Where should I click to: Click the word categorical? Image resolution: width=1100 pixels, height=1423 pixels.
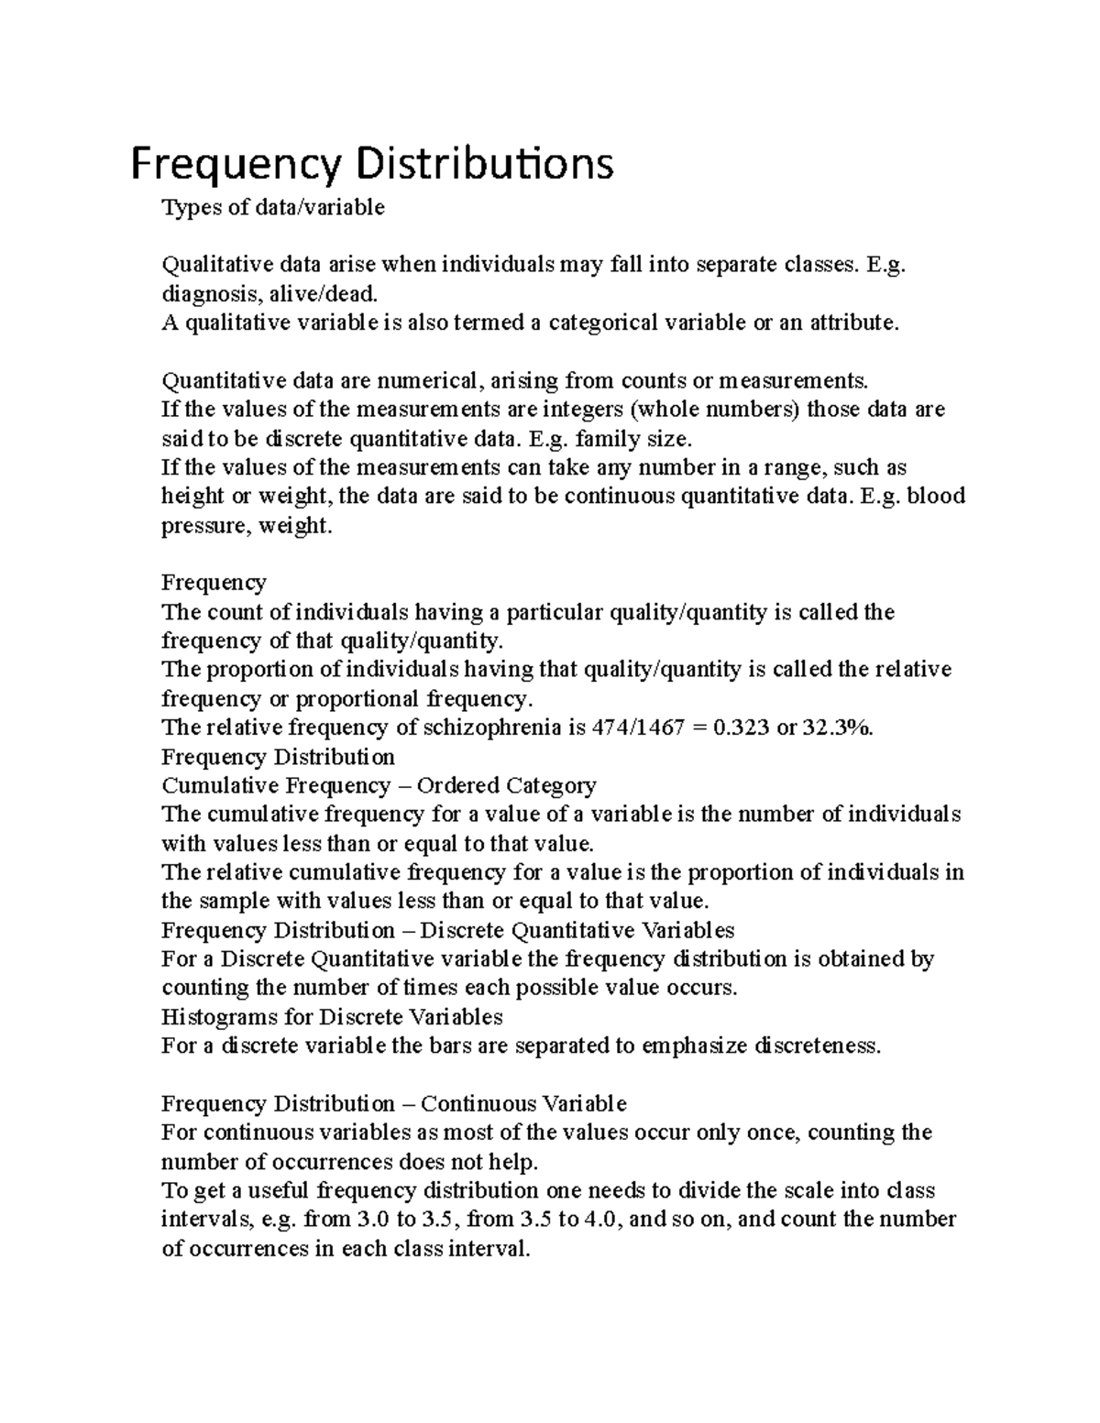point(602,323)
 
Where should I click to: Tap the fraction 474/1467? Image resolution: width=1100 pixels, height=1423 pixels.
point(639,728)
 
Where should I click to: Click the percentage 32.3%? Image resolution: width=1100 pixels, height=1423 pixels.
point(838,728)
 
